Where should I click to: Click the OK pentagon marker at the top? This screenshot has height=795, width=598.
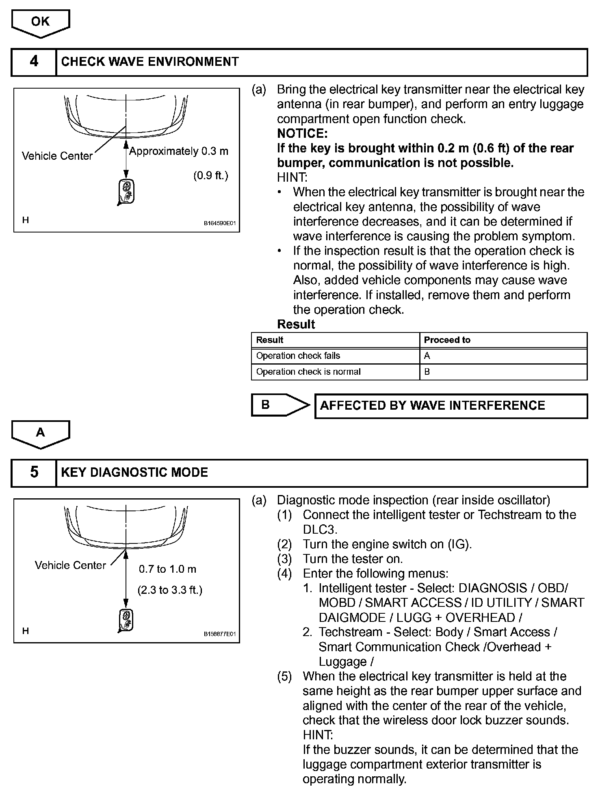[x=40, y=22]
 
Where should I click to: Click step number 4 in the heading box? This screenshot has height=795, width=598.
[x=34, y=62]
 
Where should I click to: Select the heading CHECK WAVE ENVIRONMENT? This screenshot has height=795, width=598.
[x=150, y=62]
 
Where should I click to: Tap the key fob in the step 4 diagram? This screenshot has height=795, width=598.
[x=126, y=191]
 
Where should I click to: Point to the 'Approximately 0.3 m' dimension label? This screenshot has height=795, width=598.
[x=179, y=151]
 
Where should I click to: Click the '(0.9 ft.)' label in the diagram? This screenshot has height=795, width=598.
[x=210, y=176]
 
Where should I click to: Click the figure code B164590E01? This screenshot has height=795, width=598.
[x=219, y=223]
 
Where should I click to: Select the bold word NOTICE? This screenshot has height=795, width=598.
[x=302, y=133]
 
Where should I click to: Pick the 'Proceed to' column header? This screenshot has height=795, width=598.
[x=447, y=340]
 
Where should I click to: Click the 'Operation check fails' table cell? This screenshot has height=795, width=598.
[x=298, y=356]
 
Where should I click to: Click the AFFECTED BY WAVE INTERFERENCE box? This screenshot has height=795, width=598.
[x=451, y=406]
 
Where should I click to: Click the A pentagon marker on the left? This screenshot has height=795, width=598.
[x=40, y=433]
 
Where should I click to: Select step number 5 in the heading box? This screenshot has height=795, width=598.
[x=34, y=472]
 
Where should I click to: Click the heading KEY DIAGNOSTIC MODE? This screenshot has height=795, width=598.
[x=134, y=472]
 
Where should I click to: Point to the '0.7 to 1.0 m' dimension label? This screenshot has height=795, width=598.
[x=167, y=569]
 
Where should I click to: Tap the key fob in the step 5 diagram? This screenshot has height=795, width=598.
[x=126, y=620]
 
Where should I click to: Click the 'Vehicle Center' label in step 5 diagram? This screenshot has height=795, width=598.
[x=70, y=565]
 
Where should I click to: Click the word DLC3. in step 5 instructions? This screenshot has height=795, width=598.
[x=320, y=530]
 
